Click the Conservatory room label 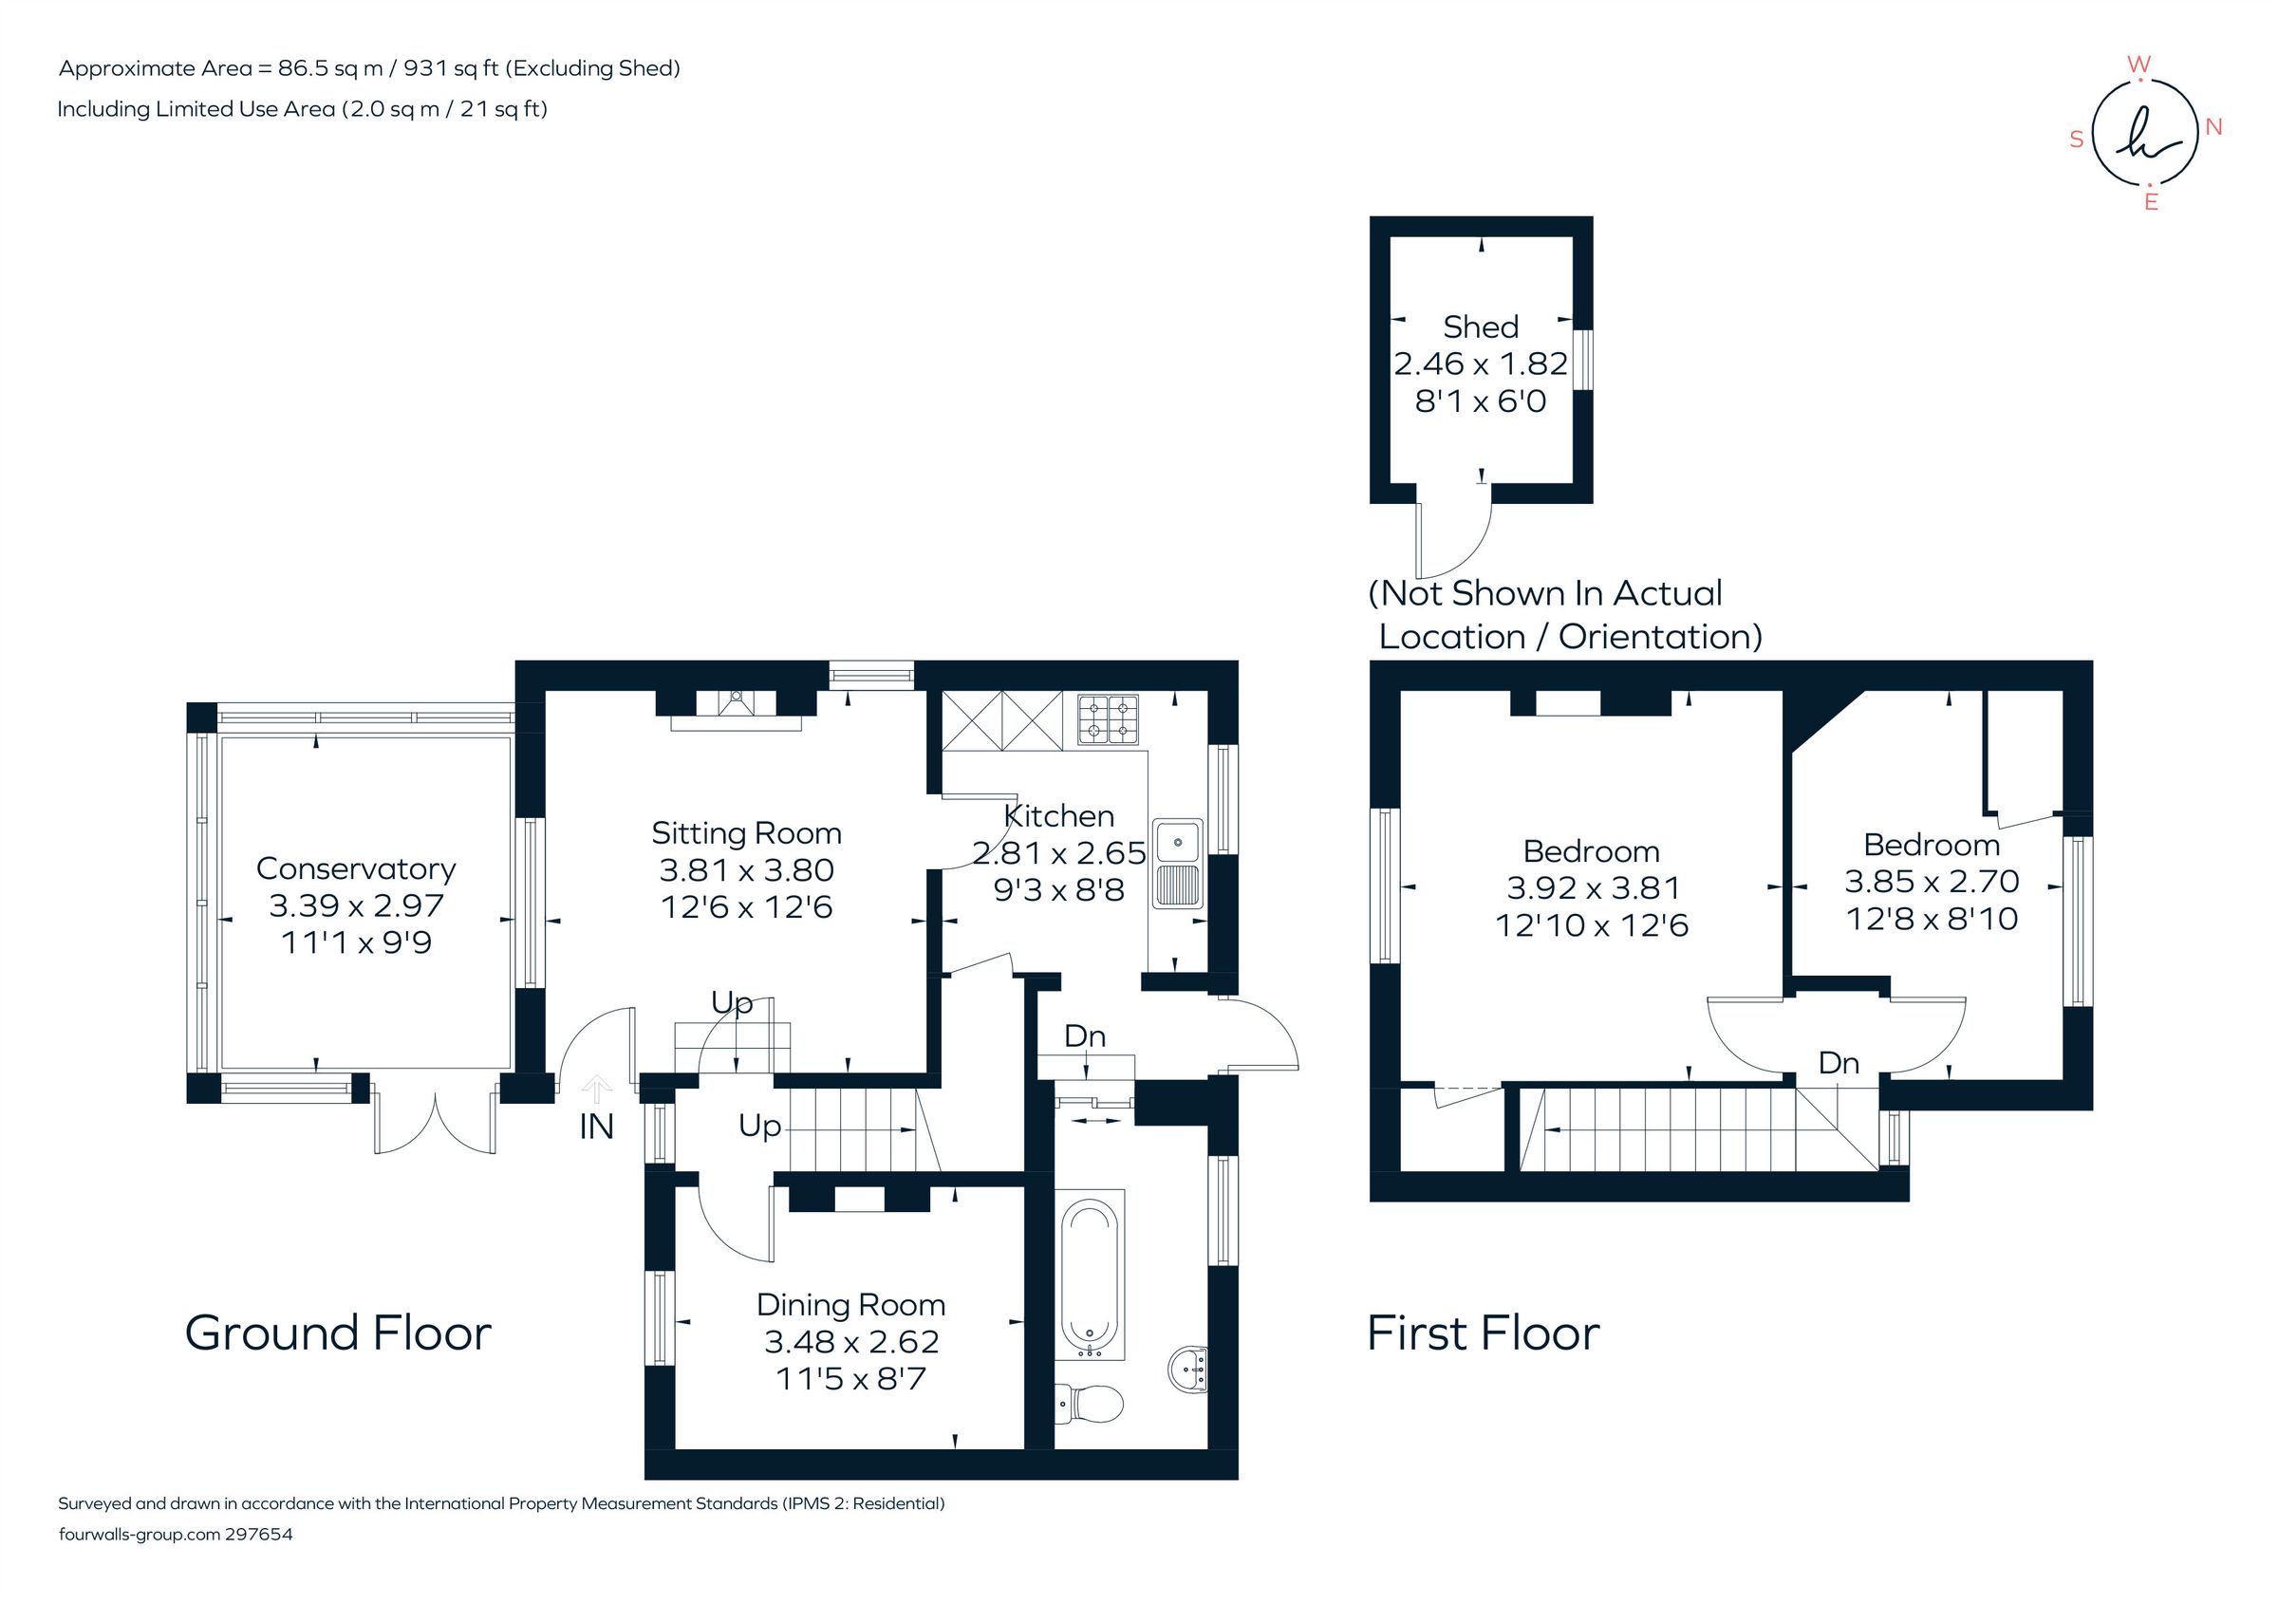click(x=355, y=868)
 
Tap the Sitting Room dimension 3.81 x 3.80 click(x=746, y=870)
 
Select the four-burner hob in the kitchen click(x=1108, y=719)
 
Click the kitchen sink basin click(x=1177, y=841)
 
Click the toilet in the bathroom click(x=1090, y=1403)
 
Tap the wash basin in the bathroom click(x=1187, y=1370)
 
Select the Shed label click(x=1481, y=326)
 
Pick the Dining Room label click(x=850, y=1304)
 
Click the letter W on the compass click(x=2138, y=65)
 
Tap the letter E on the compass click(x=2151, y=202)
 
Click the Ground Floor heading click(x=337, y=1333)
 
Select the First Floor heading click(x=1483, y=1333)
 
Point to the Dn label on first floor click(x=1838, y=1062)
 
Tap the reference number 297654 click(x=259, y=1535)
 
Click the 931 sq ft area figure click(x=451, y=68)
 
